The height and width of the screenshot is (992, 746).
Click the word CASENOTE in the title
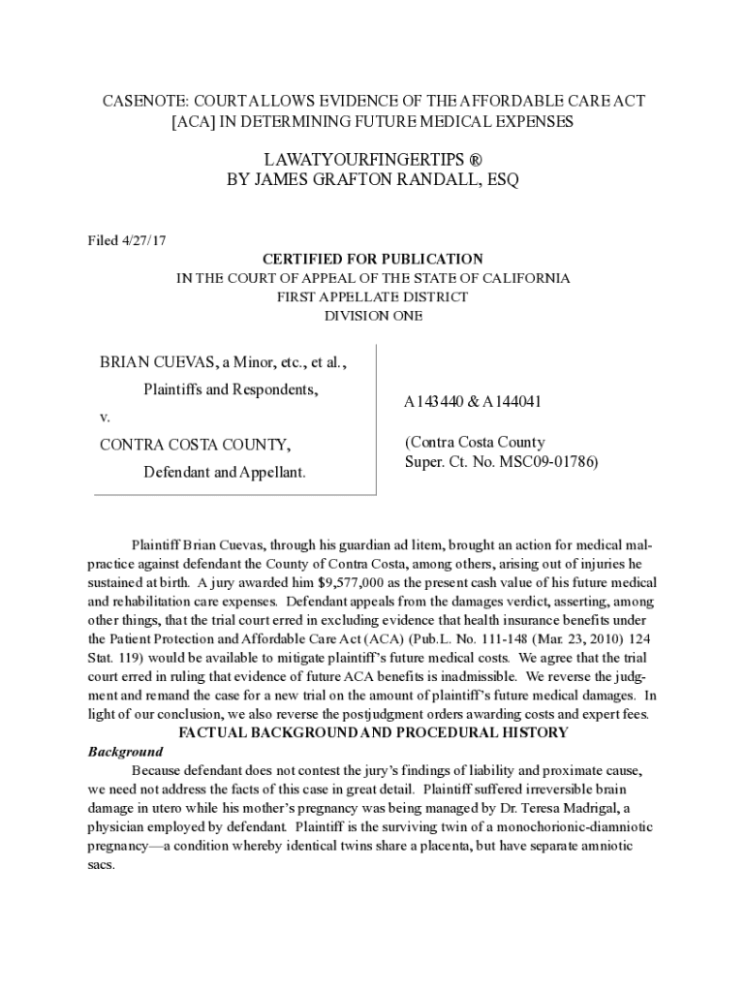(x=142, y=102)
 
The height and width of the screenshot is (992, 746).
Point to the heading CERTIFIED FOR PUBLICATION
(x=372, y=260)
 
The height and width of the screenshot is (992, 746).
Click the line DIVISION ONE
(x=372, y=315)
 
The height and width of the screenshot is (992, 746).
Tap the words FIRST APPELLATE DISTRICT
(x=372, y=296)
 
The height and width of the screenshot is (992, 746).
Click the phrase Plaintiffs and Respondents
(x=232, y=389)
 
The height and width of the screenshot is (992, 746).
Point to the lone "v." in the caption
(x=106, y=417)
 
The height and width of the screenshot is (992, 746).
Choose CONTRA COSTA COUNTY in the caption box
(x=194, y=445)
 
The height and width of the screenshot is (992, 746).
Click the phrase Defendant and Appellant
(x=225, y=472)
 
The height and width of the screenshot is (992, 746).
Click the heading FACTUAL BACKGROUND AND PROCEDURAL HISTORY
(x=372, y=732)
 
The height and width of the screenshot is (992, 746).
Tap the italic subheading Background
(x=125, y=751)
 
